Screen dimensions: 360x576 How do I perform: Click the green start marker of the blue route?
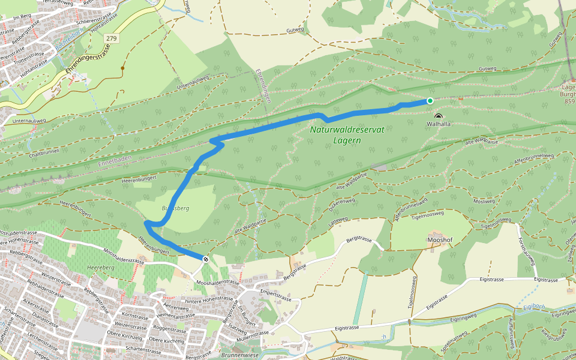430,101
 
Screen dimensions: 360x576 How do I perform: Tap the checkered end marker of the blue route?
206,259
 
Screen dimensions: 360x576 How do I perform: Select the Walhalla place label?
438,124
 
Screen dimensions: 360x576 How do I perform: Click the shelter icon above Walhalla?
438,116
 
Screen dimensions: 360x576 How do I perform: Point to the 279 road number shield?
111,38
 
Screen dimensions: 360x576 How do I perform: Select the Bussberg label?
175,208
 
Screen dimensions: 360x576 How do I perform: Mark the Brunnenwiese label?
241,355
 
